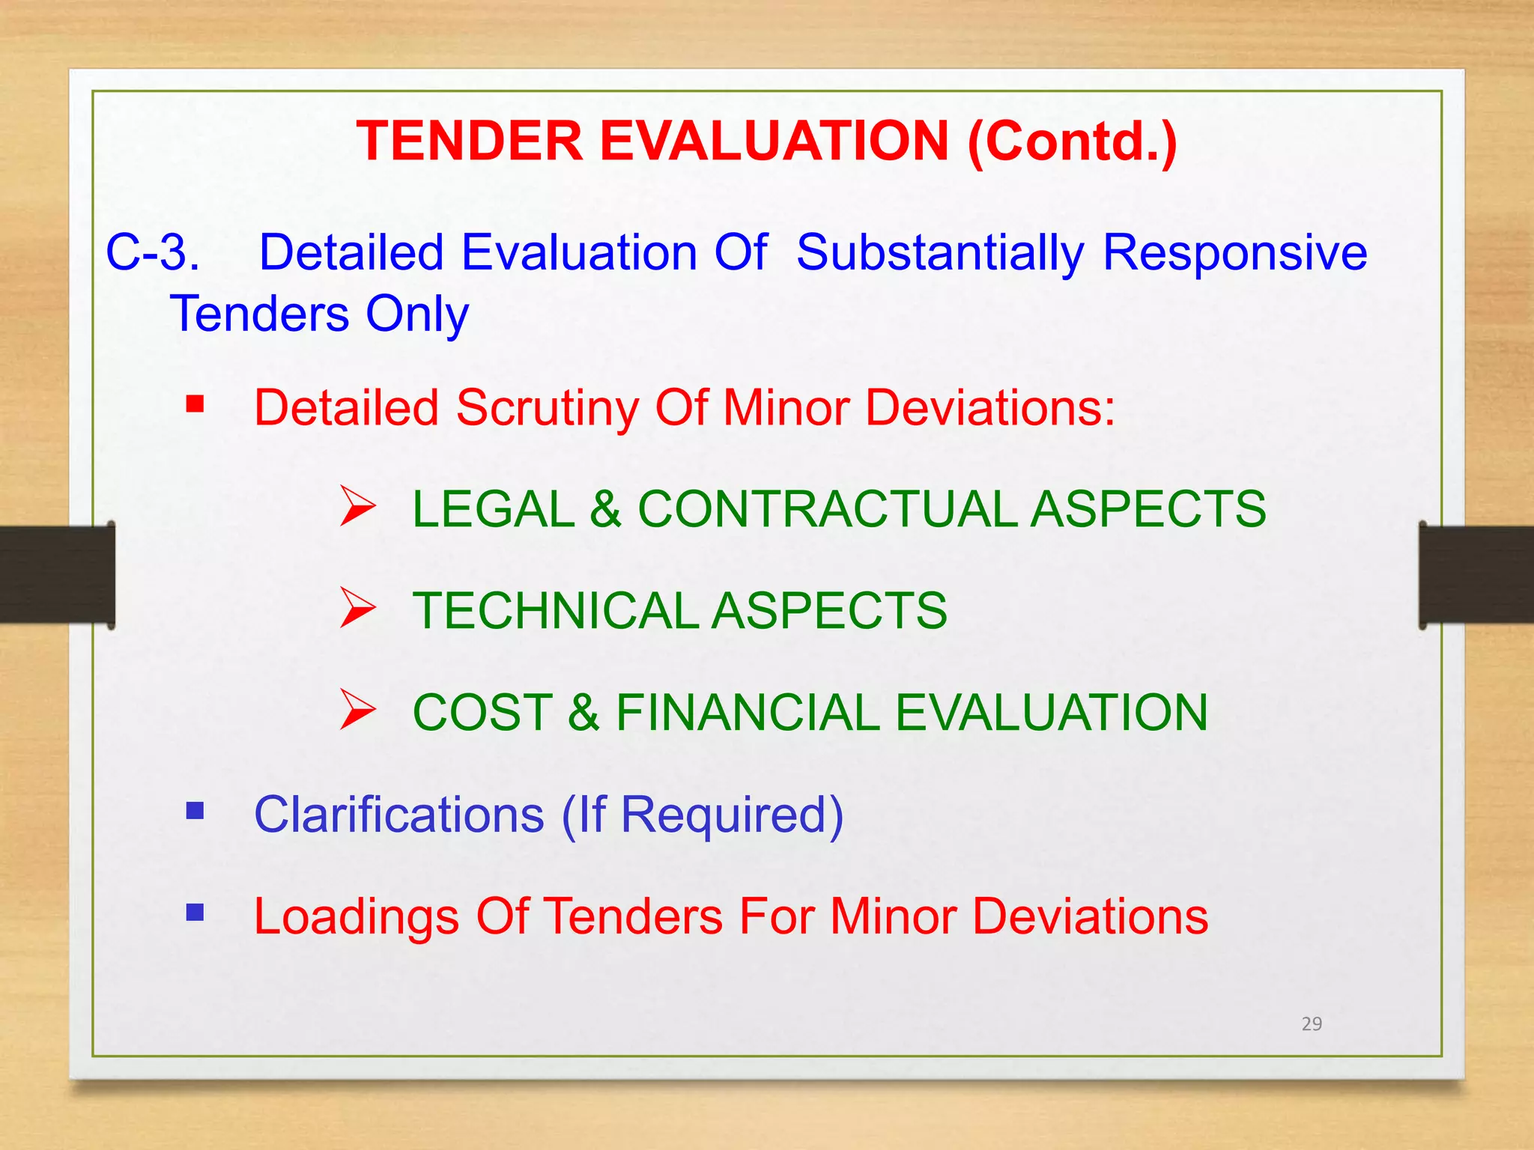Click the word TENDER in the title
click(470, 141)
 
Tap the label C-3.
click(153, 252)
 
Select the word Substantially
click(940, 252)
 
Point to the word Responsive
click(1235, 252)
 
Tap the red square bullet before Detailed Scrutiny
click(195, 404)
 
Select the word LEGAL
click(493, 509)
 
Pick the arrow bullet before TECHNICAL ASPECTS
click(357, 607)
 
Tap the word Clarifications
click(399, 815)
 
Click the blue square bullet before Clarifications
click(195, 811)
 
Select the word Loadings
click(356, 916)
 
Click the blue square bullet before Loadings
click(195, 912)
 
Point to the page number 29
click(1312, 1024)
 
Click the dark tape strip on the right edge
click(1476, 574)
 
